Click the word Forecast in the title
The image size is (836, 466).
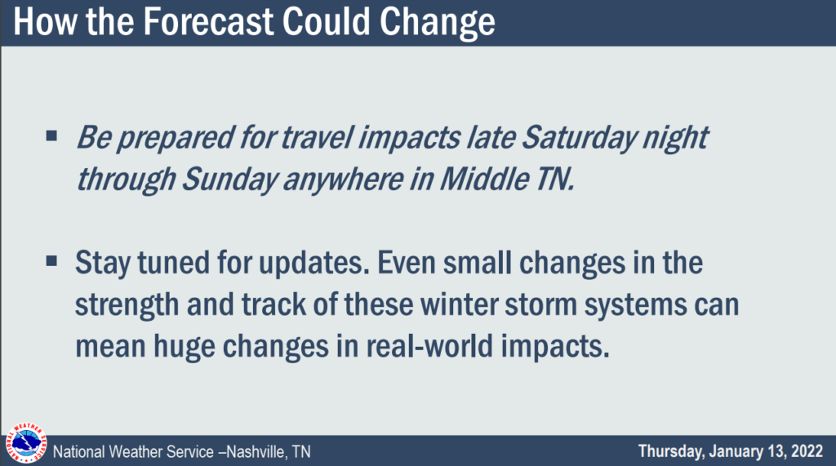point(208,22)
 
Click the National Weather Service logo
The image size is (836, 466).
point(25,443)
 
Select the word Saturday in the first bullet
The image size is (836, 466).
point(579,139)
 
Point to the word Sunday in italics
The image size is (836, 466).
point(229,180)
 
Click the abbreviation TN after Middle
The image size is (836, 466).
point(554,179)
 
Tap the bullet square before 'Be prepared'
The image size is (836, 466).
point(51,135)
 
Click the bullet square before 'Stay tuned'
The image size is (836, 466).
point(51,260)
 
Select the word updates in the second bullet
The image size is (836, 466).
point(313,264)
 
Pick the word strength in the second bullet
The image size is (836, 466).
point(127,306)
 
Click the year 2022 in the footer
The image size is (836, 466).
point(807,451)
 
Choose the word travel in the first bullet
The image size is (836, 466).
point(317,138)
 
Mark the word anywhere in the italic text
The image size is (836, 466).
point(343,180)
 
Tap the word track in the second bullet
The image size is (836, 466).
point(273,304)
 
